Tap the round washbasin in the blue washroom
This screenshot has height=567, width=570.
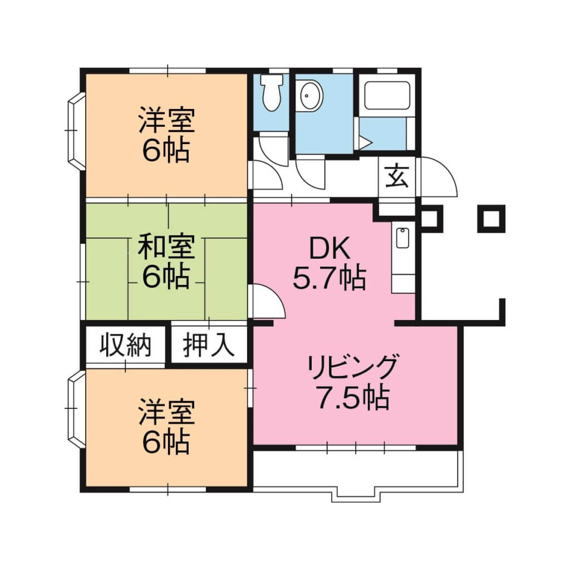309,95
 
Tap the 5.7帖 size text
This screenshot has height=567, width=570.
330,278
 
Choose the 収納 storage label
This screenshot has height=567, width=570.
126,346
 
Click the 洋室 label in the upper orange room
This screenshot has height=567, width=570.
166,122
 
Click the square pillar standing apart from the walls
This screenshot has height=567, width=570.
490,219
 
